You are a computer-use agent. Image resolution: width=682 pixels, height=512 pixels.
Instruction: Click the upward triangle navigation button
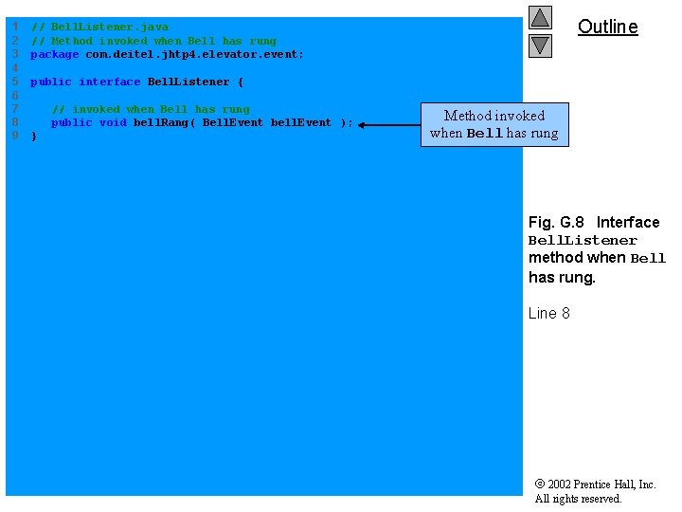coord(540,17)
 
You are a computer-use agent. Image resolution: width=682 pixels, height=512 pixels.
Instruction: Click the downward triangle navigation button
coord(540,45)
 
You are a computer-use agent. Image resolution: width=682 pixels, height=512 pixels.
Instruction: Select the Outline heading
coord(607,27)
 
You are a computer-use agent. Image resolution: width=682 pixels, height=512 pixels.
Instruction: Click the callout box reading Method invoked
coord(494,124)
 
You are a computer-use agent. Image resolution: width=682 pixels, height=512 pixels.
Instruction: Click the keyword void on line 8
coord(113,122)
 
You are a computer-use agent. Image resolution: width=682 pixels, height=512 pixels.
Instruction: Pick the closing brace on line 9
coord(34,137)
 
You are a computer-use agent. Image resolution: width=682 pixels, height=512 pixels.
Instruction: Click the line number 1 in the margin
coord(15,27)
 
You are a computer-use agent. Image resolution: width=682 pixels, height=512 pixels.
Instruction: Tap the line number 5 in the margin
coord(15,82)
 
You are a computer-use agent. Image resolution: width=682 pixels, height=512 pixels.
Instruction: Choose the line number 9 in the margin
coord(15,137)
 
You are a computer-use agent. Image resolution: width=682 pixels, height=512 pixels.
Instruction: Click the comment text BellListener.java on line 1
coord(109,27)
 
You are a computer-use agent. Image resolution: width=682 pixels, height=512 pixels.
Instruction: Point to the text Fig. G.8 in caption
coord(557,222)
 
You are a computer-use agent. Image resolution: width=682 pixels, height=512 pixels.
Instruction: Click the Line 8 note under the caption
coord(548,313)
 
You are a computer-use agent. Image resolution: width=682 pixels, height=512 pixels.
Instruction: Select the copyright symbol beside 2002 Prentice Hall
coord(539,485)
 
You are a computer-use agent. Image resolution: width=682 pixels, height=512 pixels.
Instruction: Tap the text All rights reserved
coord(578,499)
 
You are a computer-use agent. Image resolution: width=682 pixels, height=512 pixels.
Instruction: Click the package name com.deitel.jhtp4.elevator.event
coord(194,55)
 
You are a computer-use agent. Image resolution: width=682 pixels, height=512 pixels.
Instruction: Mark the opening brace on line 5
coord(241,82)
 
